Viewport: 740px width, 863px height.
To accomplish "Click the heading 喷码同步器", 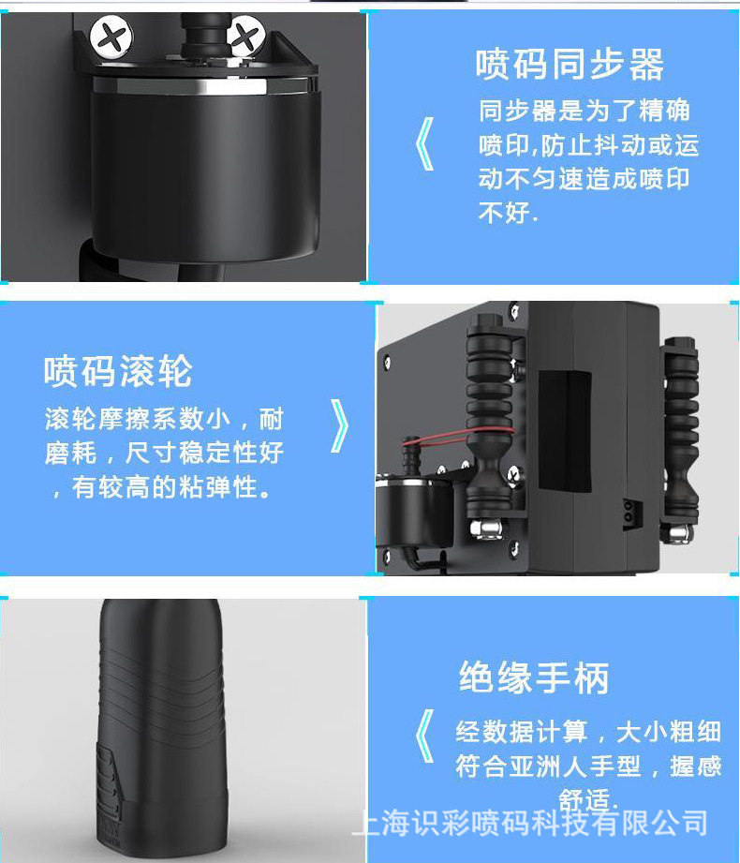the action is [x=570, y=65].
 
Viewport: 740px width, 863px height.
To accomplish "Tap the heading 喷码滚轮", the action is [x=118, y=371].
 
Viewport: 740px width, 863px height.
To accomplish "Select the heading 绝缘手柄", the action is [x=534, y=677].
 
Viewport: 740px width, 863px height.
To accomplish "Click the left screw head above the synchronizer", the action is [x=111, y=37].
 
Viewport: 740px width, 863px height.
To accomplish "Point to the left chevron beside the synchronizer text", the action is [x=424, y=143].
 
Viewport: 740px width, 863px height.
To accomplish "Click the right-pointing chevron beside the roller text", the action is [x=339, y=426].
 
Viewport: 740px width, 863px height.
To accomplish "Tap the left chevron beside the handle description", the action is [x=424, y=736].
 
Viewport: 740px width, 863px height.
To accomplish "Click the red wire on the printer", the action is [x=457, y=437].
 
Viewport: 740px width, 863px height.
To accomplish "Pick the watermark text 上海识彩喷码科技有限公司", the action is [x=530, y=824].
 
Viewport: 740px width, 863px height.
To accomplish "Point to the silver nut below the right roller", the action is [x=680, y=533].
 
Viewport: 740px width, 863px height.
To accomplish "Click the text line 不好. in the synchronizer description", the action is [x=508, y=213].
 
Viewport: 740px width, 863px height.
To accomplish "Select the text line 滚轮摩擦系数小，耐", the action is [x=164, y=420].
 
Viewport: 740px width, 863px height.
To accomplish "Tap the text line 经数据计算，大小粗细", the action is [x=588, y=732].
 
